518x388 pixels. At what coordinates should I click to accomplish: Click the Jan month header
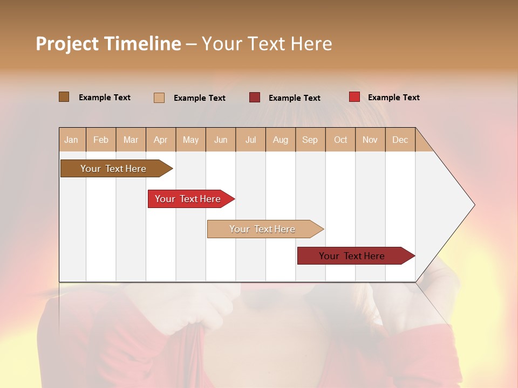pyautogui.click(x=72, y=140)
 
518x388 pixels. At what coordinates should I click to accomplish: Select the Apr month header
pyautogui.click(x=161, y=140)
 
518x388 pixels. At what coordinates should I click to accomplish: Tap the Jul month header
pyautogui.click(x=250, y=140)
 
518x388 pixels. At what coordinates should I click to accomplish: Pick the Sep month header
pyautogui.click(x=310, y=140)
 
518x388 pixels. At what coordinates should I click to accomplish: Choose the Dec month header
pyautogui.click(x=400, y=140)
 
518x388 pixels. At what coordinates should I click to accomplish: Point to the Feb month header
pyautogui.click(x=101, y=140)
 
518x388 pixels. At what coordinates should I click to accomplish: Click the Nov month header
pyautogui.click(x=370, y=140)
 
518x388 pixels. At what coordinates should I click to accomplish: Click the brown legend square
pyautogui.click(x=64, y=97)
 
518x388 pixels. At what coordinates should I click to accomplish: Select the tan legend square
pyautogui.click(x=159, y=98)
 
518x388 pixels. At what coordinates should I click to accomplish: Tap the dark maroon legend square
pyautogui.click(x=255, y=98)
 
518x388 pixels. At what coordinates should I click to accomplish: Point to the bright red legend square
pyautogui.click(x=354, y=97)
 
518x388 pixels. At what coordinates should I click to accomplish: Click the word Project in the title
pyautogui.click(x=67, y=44)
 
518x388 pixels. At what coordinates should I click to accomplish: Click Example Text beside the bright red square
pyautogui.click(x=393, y=98)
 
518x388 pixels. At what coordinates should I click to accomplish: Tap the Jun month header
pyautogui.click(x=221, y=140)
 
